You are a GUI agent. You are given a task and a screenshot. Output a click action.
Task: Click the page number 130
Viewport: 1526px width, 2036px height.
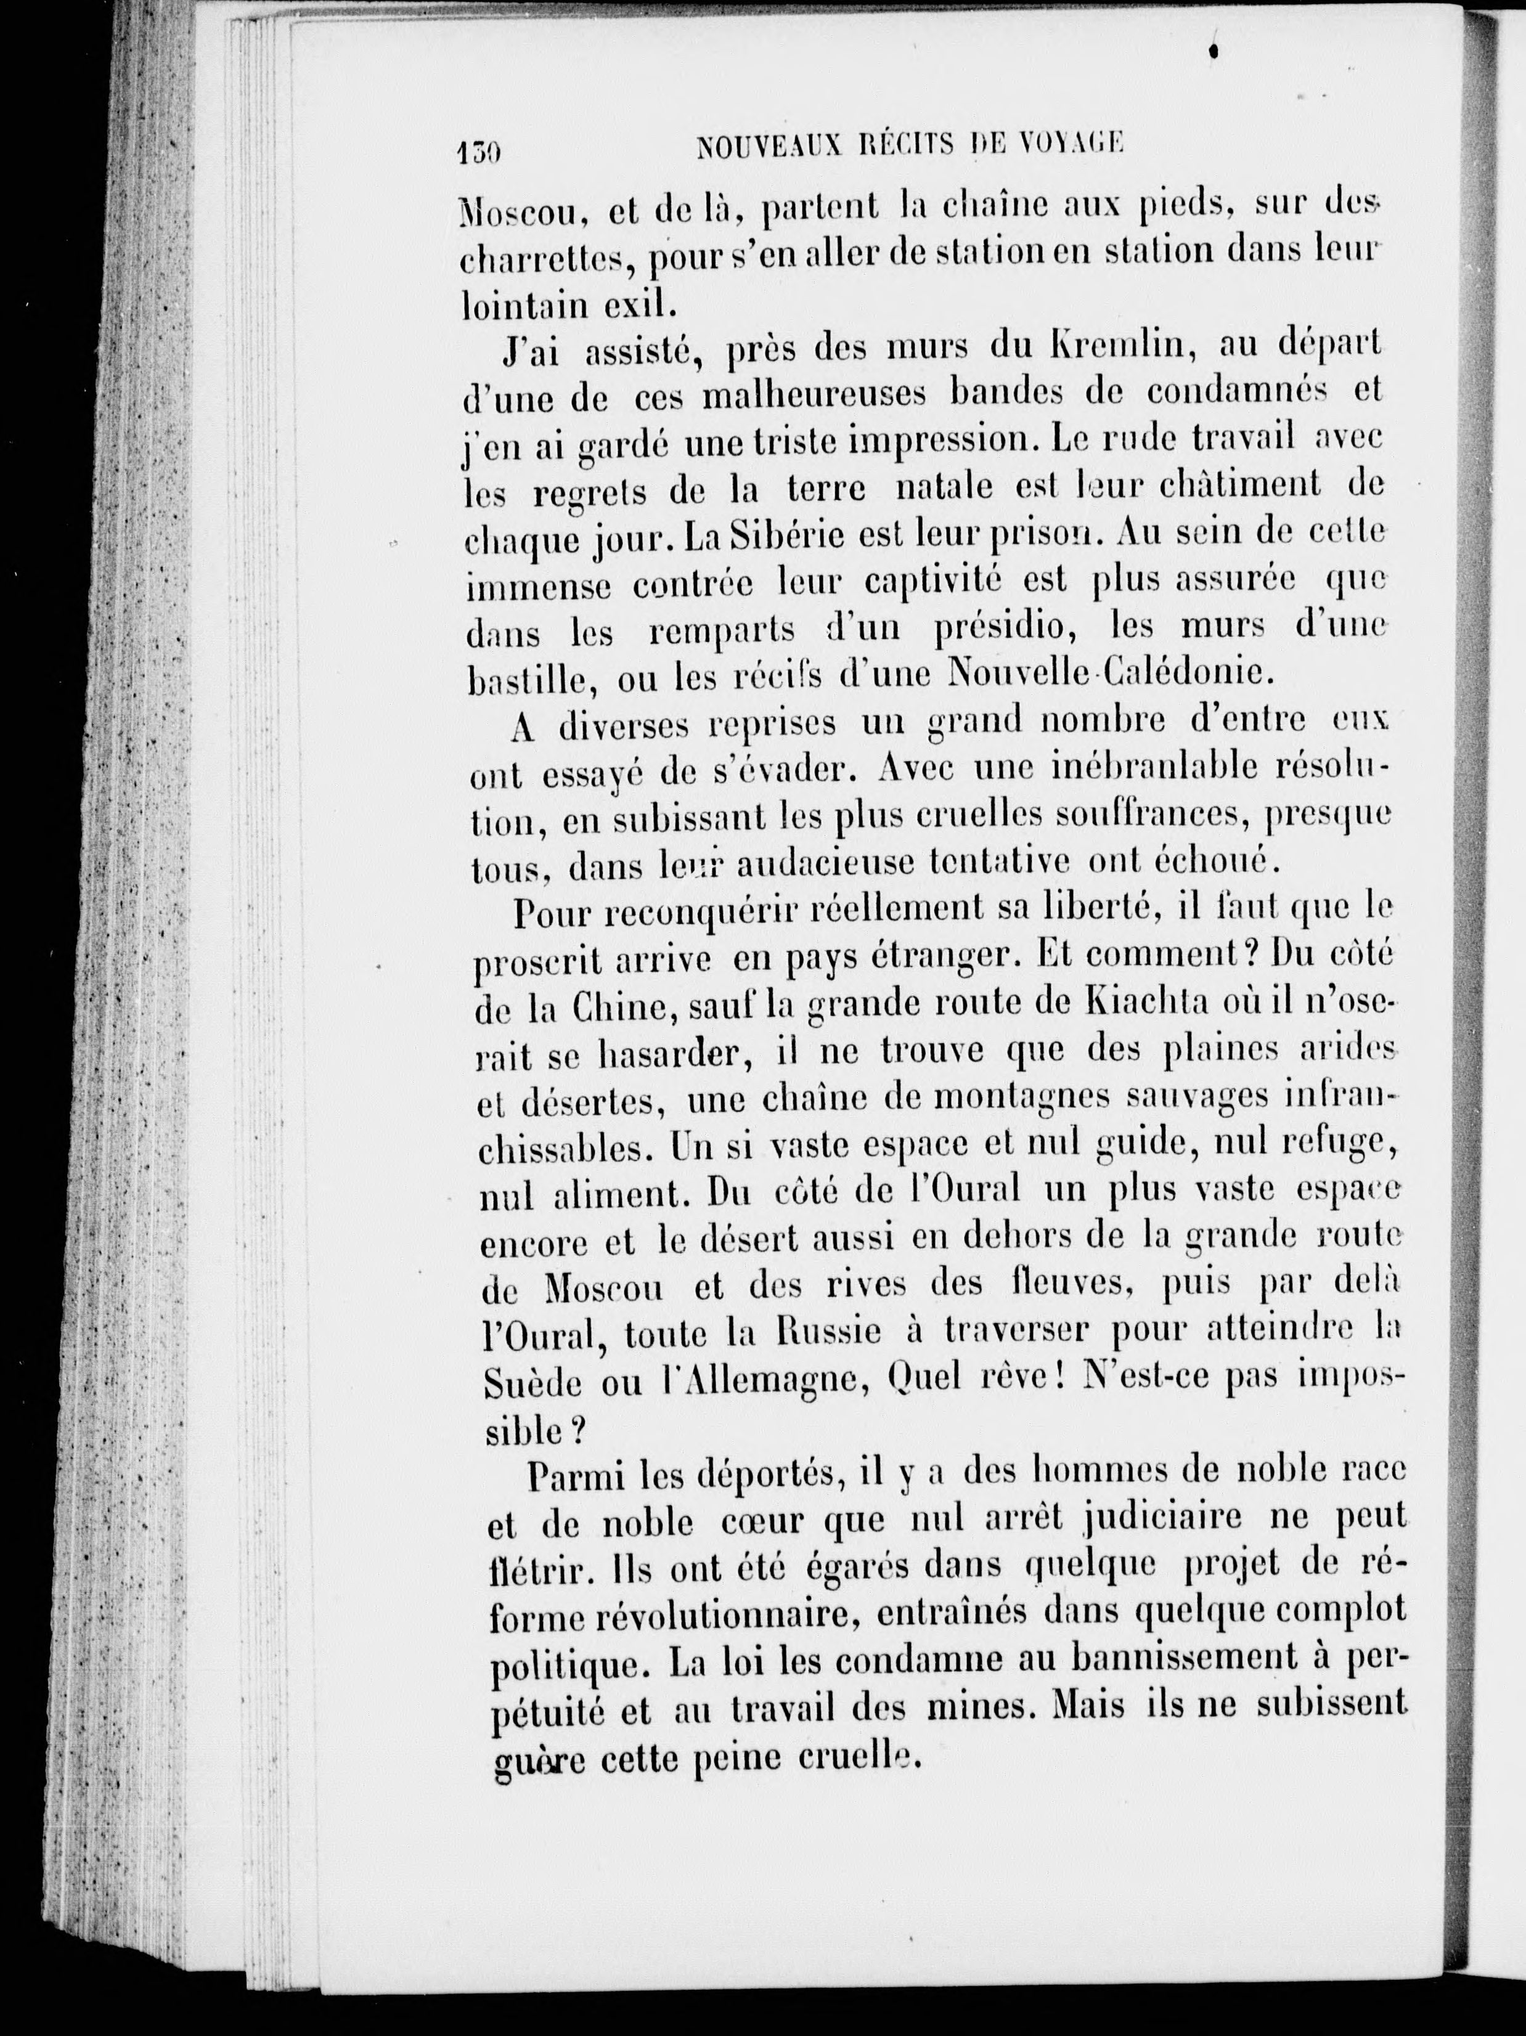(478, 148)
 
